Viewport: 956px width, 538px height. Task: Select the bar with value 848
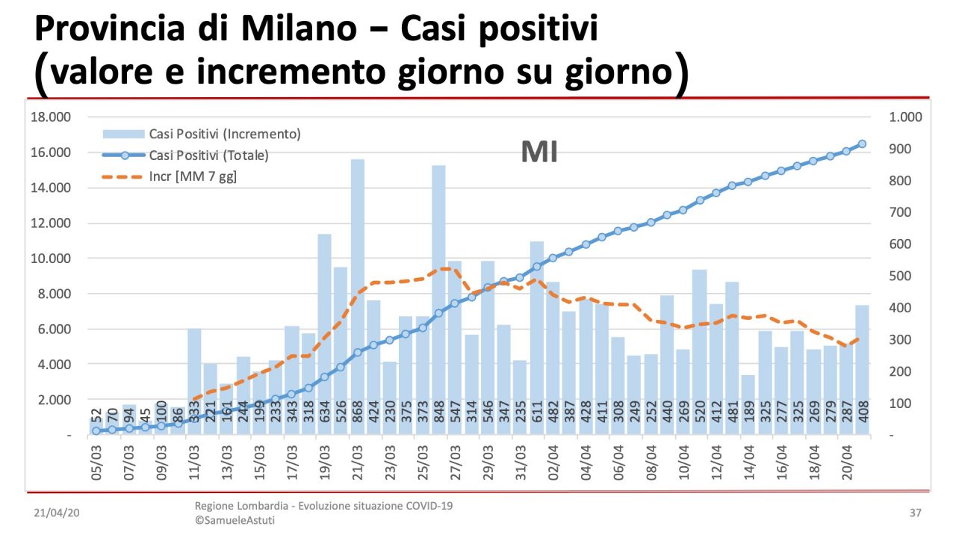(438, 299)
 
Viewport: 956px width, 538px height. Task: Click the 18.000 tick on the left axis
(50, 117)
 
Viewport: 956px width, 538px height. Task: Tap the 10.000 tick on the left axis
(50, 259)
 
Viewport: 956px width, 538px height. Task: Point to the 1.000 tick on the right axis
(905, 117)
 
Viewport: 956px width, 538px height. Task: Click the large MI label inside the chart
(539, 152)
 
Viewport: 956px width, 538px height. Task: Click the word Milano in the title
(314, 28)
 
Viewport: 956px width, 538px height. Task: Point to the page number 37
(915, 514)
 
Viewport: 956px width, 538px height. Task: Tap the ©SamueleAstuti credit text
(235, 520)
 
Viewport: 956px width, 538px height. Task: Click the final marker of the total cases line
(861, 143)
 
